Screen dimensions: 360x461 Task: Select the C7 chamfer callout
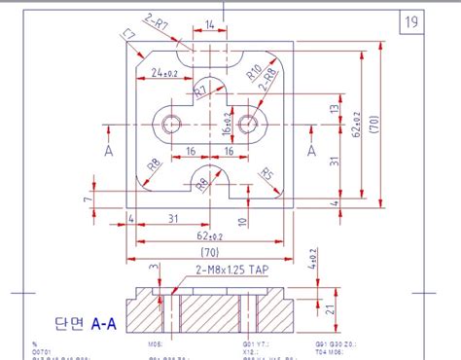[128, 36]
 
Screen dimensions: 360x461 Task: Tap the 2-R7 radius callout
[157, 19]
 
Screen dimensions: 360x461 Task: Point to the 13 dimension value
[334, 110]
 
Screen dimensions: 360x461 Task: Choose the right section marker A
[312, 151]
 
